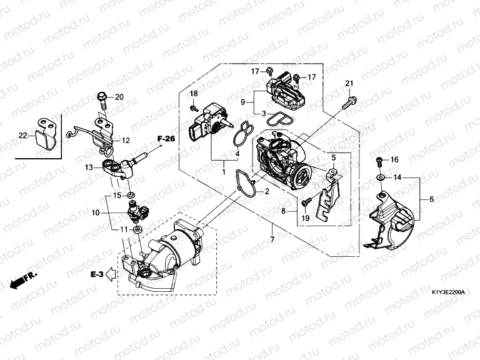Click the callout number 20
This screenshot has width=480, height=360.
coord(119,96)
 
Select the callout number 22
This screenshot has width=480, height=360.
coord(23,136)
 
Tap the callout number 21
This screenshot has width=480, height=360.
coord(349,84)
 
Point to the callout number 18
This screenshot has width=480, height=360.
coord(194,93)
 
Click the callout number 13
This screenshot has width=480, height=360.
coord(89,167)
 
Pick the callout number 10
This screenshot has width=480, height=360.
coord(96,213)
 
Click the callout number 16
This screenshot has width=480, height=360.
coord(394,160)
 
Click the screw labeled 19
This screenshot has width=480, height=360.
coord(306,202)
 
